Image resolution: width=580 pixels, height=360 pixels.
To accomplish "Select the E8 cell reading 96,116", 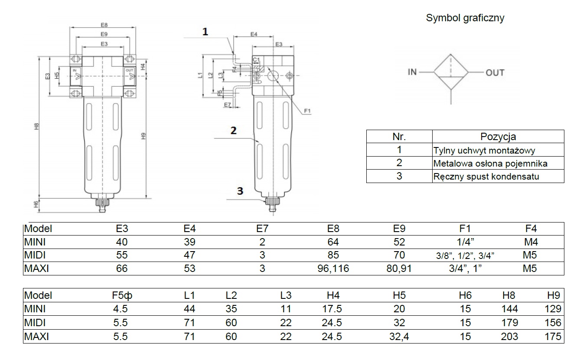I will pyautogui.click(x=333, y=268).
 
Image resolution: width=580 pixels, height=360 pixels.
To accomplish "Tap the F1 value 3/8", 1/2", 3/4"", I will pyautogui.click(x=465, y=255).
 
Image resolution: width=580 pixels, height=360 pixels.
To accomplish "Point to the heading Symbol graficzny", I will pyautogui.click(x=465, y=18).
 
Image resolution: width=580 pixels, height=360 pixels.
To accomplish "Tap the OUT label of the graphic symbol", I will pyautogui.click(x=495, y=72).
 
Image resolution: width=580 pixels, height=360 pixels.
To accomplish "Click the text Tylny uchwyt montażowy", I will pyautogui.click(x=484, y=151).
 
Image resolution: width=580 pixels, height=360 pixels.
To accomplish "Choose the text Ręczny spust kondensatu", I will pyautogui.click(x=487, y=177).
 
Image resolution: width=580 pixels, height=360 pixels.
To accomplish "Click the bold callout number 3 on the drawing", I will pyautogui.click(x=240, y=190).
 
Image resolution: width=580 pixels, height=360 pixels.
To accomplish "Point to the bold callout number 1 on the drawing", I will pyautogui.click(x=205, y=31).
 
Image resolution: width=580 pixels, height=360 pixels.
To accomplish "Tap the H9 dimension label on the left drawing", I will pyautogui.click(x=143, y=136).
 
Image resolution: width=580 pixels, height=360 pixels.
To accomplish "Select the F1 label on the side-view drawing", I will pyautogui.click(x=308, y=111).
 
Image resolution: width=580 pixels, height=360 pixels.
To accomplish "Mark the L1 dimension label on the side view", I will pyautogui.click(x=200, y=75).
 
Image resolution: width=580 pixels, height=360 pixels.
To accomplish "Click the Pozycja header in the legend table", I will pyautogui.click(x=498, y=137).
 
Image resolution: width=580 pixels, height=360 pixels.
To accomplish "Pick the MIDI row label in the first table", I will pyautogui.click(x=35, y=255).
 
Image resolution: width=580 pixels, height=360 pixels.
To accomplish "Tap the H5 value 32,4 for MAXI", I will pyautogui.click(x=399, y=336).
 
